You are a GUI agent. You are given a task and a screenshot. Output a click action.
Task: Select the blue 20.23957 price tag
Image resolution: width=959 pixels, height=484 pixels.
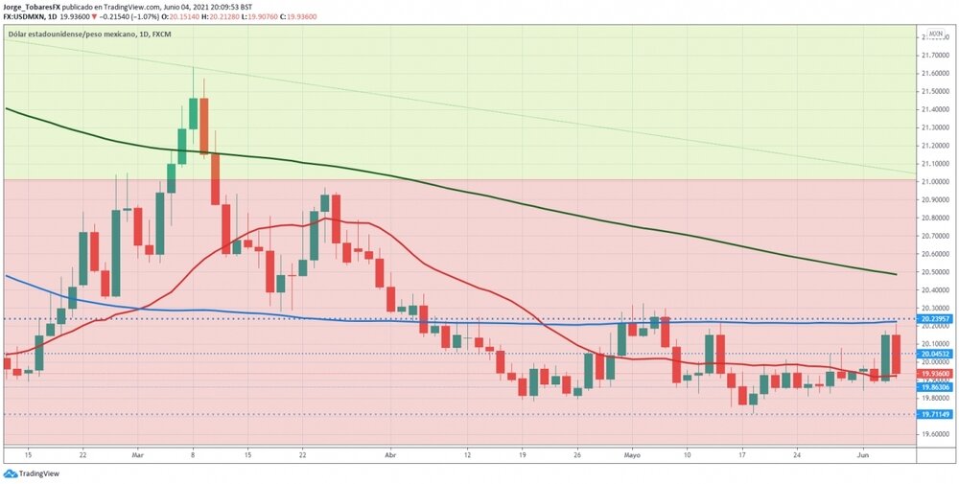click(x=935, y=318)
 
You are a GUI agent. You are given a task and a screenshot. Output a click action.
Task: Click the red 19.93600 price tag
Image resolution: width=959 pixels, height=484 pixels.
click(x=935, y=374)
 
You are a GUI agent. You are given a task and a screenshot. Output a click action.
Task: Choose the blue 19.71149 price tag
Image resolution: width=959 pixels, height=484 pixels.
click(x=935, y=415)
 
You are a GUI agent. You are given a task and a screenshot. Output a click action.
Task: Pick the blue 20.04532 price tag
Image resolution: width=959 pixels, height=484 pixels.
click(x=935, y=354)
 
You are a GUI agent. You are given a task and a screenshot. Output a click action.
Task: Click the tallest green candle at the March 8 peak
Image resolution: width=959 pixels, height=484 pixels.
click(x=194, y=113)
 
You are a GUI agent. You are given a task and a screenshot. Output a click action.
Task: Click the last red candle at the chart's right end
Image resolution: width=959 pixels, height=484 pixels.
click(x=896, y=355)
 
